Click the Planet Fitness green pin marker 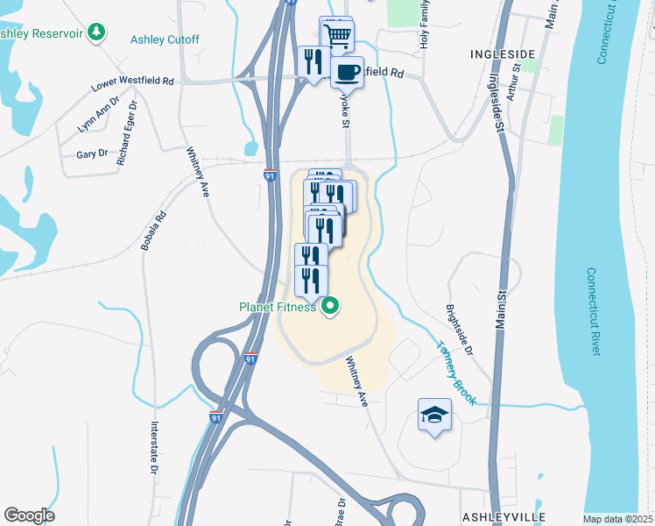tap(330, 307)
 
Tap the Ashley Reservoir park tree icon tap(96, 33)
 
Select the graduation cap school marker tap(434, 416)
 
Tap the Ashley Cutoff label tap(165, 39)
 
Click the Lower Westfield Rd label tap(133, 84)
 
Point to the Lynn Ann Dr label tap(97, 116)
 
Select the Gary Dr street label tap(92, 153)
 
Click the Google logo tap(29, 515)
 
